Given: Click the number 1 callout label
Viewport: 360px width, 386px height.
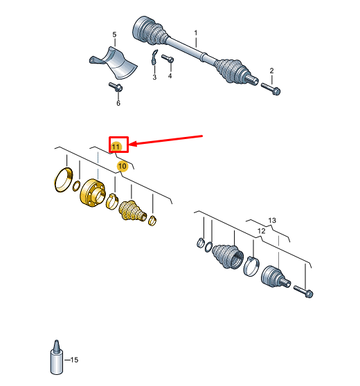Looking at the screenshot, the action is point(196,33).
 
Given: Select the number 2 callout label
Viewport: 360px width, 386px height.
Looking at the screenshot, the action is point(271,71).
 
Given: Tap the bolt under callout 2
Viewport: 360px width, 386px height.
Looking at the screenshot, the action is point(271,89).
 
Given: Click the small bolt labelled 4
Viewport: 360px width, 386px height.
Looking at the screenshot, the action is point(168,59).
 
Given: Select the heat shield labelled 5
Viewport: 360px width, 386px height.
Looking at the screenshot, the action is point(114,62).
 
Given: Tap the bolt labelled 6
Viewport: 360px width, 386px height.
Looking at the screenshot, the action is point(116,87).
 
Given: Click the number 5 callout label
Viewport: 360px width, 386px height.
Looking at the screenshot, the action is point(114,35).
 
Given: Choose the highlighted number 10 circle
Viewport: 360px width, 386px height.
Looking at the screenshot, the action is point(123,166).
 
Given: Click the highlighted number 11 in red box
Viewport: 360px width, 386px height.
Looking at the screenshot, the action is point(116,147).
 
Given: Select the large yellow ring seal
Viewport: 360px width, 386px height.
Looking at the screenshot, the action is point(63,180).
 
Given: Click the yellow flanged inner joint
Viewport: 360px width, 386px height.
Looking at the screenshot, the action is point(93,193).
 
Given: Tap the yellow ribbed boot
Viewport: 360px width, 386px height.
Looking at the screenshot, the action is point(132,210).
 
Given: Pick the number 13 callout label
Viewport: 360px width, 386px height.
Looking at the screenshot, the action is point(272,221).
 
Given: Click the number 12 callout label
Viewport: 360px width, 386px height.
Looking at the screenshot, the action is point(261,231).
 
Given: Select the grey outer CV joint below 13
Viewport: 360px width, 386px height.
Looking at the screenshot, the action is point(276,277).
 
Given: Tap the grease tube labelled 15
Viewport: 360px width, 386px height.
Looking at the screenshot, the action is point(57,357).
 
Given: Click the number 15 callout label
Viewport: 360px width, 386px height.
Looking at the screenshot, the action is point(74,360).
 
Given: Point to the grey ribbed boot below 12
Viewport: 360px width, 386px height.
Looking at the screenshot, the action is point(228,256).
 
